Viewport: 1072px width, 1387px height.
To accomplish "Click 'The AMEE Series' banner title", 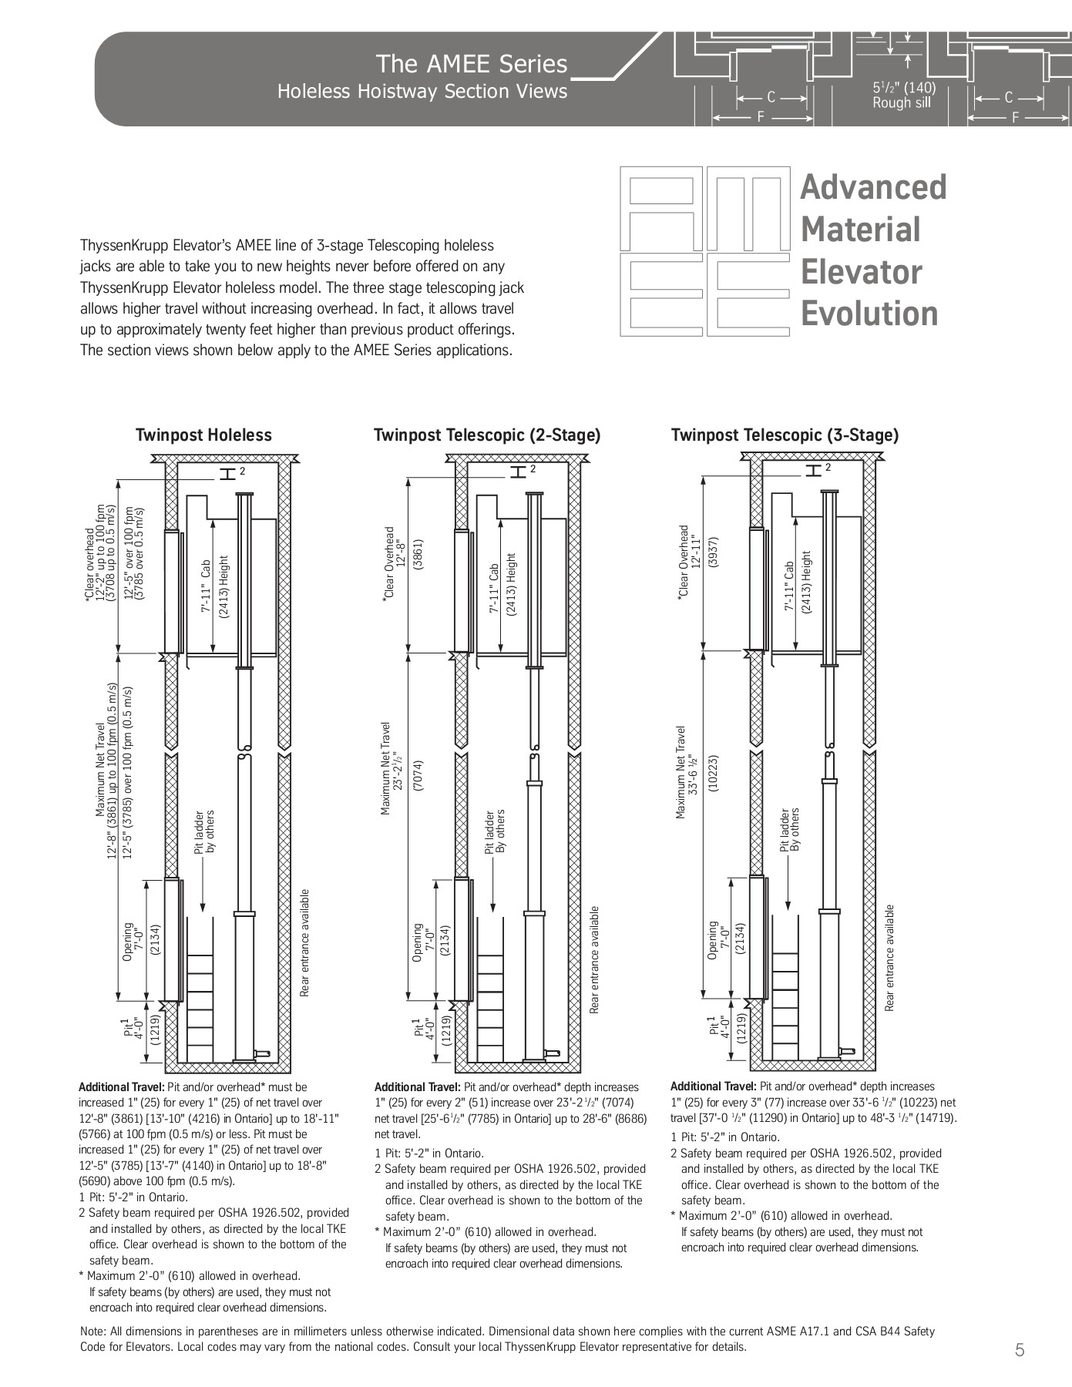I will (x=471, y=64).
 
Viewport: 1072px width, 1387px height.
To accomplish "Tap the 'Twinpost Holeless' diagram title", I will (x=203, y=435).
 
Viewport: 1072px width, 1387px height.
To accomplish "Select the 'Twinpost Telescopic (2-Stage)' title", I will (x=487, y=435).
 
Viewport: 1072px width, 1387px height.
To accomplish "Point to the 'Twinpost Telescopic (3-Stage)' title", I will (x=785, y=435).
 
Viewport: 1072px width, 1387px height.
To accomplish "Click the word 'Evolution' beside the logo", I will (x=869, y=314).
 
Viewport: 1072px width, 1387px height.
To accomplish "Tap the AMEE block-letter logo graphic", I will (x=705, y=250).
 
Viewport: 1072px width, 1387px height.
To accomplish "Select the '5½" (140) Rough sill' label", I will (x=903, y=96).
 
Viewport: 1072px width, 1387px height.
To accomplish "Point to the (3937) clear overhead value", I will (x=713, y=551).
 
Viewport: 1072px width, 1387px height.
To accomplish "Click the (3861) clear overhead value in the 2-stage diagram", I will (x=418, y=553).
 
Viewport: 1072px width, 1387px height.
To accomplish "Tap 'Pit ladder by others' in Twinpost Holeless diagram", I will (x=204, y=832).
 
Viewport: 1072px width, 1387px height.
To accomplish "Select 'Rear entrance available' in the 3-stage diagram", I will (x=890, y=958).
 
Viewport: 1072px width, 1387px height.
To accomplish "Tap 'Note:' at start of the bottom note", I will (x=93, y=1331).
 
